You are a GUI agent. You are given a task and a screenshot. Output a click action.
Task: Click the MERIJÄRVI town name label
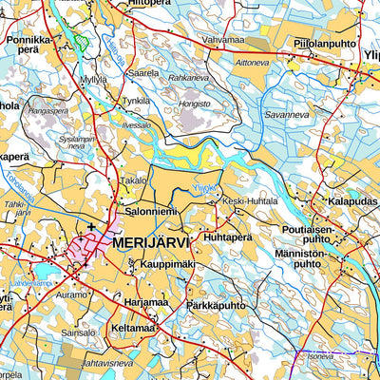coord(151,243)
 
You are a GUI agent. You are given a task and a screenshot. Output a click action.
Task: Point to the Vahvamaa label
coord(224,40)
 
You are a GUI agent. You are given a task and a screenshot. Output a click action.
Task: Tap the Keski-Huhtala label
coord(250,201)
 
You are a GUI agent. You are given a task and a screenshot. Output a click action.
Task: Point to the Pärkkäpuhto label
coord(216,306)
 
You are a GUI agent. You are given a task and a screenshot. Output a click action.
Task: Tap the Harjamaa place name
coord(146,302)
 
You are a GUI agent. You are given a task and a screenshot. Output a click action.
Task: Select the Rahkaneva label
coord(188,78)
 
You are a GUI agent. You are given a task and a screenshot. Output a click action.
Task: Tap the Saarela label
coord(142,72)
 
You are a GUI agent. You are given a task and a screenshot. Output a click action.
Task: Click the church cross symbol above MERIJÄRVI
coord(91,226)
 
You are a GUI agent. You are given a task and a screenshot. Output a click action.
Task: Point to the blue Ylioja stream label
coord(206,185)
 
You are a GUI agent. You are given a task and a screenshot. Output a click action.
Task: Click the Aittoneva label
coord(252,63)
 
